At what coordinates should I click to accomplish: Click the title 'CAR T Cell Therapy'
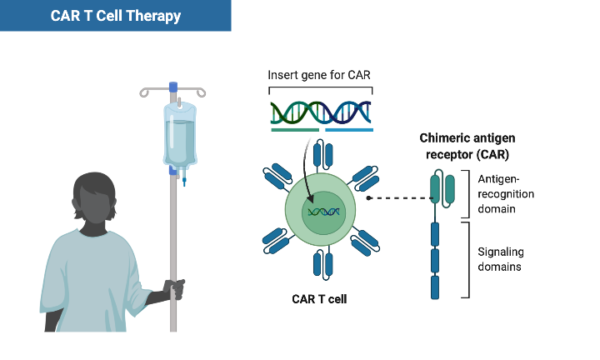coord(115,16)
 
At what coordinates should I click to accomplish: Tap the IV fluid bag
coord(180,133)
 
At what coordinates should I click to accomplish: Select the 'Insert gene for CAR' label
coord(319,75)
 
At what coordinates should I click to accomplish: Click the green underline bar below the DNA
coord(295,130)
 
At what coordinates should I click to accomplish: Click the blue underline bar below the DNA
coord(348,130)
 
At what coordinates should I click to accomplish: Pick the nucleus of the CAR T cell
coord(320,212)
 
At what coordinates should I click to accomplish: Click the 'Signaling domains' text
coord(500,258)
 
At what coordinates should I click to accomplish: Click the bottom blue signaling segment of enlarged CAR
coord(435,287)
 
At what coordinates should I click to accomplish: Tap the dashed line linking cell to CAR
coord(398,198)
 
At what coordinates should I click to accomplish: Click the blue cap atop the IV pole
coord(173,86)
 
